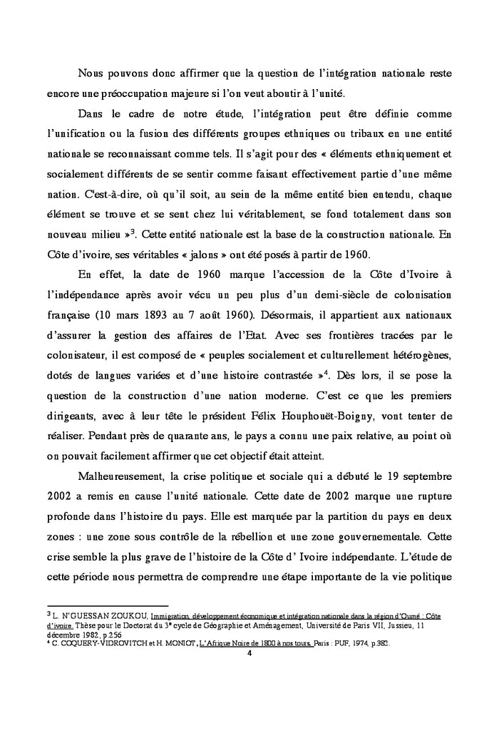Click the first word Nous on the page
click(x=91, y=73)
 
